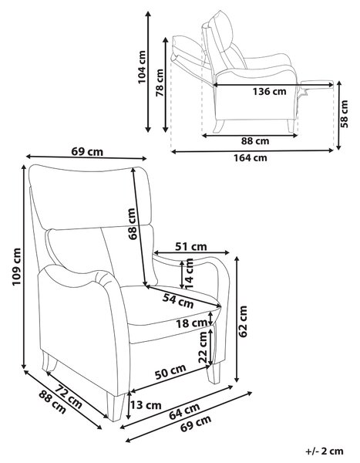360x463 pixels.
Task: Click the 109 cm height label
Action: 16,267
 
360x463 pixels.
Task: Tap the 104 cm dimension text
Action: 142,67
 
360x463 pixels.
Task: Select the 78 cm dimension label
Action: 160,83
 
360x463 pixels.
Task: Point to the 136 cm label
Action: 269,91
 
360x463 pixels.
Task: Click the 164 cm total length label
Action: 251,157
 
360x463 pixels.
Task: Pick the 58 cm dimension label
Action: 344,113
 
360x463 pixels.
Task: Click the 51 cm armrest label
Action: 191,246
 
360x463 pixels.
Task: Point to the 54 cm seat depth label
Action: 178,301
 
